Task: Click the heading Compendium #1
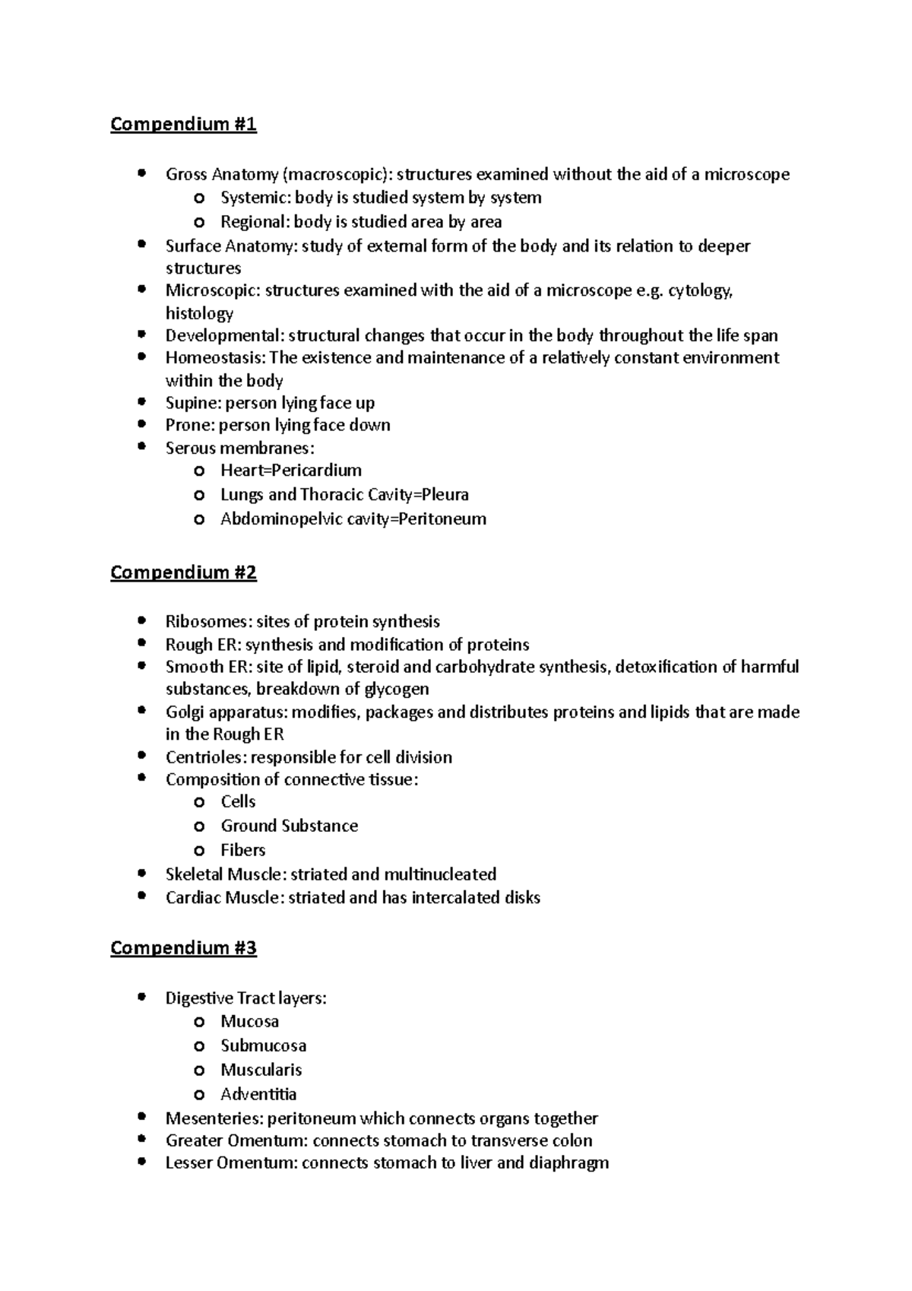pos(183,124)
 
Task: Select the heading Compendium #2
pos(183,573)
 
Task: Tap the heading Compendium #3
pos(183,948)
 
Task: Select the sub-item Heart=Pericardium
pos(291,471)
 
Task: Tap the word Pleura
pos(445,495)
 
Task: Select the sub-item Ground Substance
pos(289,826)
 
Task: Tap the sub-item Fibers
pos(243,850)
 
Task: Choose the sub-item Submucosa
pos(264,1046)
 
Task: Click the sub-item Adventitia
pos(258,1095)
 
